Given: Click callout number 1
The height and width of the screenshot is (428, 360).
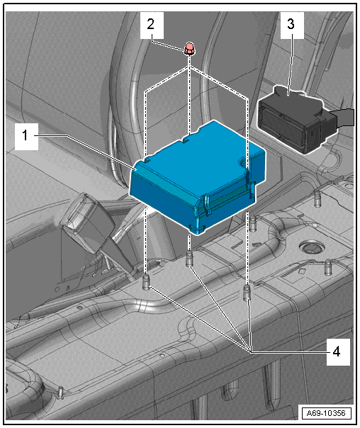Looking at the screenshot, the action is (x=25, y=135).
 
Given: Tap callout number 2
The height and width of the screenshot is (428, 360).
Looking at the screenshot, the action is (x=151, y=24).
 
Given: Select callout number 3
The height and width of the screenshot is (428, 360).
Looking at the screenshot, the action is (x=291, y=24).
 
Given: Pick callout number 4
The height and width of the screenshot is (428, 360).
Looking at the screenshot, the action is (x=337, y=351).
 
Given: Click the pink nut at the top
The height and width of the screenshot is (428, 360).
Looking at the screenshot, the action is (x=189, y=48).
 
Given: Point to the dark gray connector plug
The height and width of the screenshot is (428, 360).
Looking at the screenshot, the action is (x=296, y=120).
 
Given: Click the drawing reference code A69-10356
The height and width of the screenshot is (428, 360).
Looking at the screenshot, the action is (x=326, y=413).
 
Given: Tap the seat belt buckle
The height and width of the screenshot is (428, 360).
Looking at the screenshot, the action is (x=88, y=218).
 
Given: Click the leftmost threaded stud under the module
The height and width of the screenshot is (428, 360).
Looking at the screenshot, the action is (x=146, y=283).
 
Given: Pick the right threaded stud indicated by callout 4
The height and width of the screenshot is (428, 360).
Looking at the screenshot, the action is (x=247, y=293).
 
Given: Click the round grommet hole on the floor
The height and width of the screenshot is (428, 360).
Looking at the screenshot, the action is (x=311, y=247).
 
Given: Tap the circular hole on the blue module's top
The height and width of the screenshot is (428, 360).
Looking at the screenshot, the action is (x=243, y=162).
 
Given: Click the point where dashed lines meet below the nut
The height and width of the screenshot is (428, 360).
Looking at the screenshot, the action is (x=189, y=67).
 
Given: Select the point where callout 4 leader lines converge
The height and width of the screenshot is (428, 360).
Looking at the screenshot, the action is (x=250, y=351).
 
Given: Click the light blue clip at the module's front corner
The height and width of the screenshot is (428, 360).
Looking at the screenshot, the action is (x=198, y=229).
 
